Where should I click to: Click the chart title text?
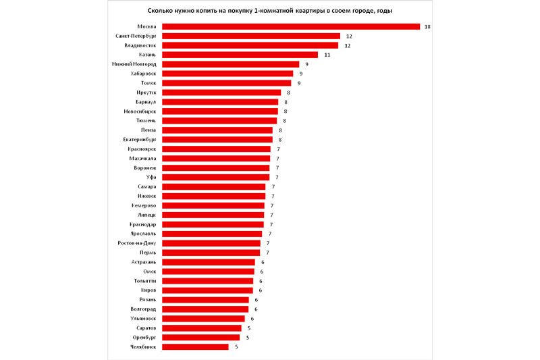[270, 11]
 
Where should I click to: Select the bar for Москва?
[290, 27]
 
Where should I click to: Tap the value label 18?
[427, 27]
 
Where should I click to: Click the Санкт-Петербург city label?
[136, 36]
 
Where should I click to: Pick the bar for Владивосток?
[250, 45]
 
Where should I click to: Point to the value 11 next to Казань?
[327, 55]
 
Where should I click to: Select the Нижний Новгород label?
[134, 64]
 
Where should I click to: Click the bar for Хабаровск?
[227, 74]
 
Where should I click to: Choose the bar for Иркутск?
[221, 93]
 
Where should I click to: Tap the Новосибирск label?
[140, 111]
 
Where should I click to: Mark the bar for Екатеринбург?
[217, 139]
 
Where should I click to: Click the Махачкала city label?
[142, 158]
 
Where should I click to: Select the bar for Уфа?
[215, 177]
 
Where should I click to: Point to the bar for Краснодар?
[213, 224]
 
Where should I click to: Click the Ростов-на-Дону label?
[137, 242]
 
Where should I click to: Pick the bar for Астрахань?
[209, 261]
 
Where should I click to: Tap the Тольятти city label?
[144, 280]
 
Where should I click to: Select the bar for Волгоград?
[205, 309]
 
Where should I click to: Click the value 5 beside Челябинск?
[236, 346]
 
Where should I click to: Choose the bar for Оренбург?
[200, 337]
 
